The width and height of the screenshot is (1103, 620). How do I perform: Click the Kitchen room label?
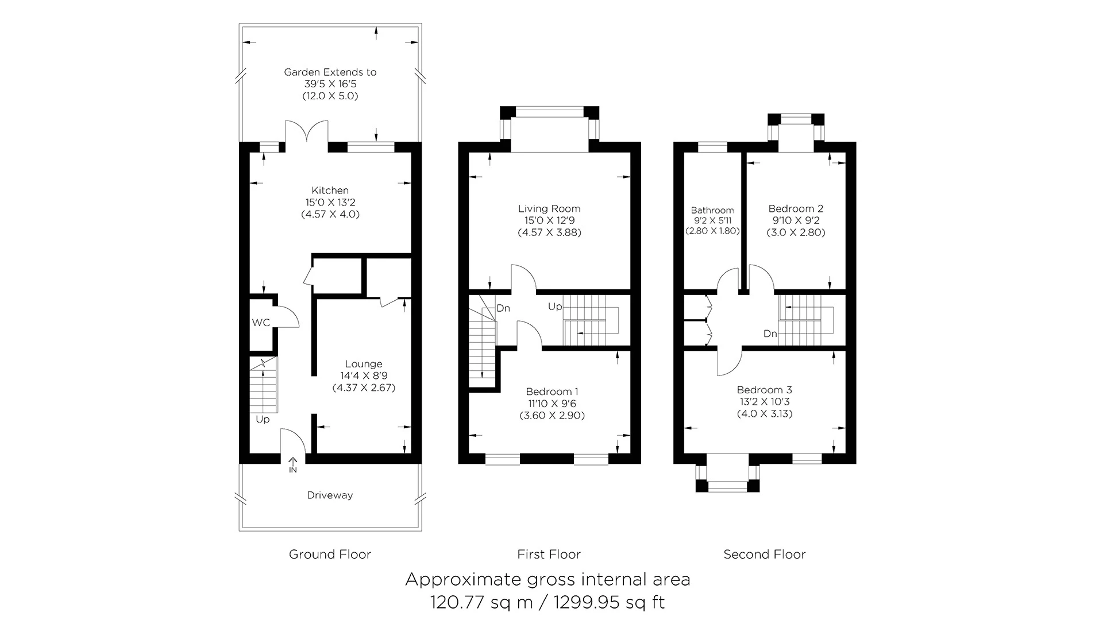click(x=330, y=191)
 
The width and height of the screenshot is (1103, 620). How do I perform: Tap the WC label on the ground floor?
click(x=261, y=323)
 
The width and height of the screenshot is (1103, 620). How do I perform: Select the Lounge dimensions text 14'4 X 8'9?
click(x=364, y=376)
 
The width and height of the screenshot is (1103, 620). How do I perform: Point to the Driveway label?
click(x=330, y=495)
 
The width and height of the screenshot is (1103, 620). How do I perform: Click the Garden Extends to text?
click(x=330, y=72)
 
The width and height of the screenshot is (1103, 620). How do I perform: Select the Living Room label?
click(x=549, y=209)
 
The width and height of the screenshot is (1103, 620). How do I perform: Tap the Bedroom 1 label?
click(x=552, y=392)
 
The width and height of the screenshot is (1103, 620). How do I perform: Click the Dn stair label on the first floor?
click(x=503, y=309)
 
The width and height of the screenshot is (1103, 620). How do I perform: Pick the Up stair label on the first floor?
click(x=555, y=307)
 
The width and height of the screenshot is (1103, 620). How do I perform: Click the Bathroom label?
click(x=712, y=211)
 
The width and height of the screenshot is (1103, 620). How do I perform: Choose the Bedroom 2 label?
click(x=796, y=209)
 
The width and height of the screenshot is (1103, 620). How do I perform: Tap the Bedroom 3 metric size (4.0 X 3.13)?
click(x=765, y=414)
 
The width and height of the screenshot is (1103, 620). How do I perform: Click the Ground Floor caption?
click(x=330, y=555)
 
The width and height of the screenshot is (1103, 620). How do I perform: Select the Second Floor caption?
click(x=764, y=555)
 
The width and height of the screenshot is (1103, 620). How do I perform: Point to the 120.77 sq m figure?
click(x=481, y=602)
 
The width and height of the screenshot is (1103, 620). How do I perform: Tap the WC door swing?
click(x=288, y=316)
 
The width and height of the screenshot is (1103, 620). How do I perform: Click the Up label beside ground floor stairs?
click(x=263, y=420)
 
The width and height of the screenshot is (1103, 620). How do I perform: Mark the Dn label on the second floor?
click(x=770, y=334)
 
